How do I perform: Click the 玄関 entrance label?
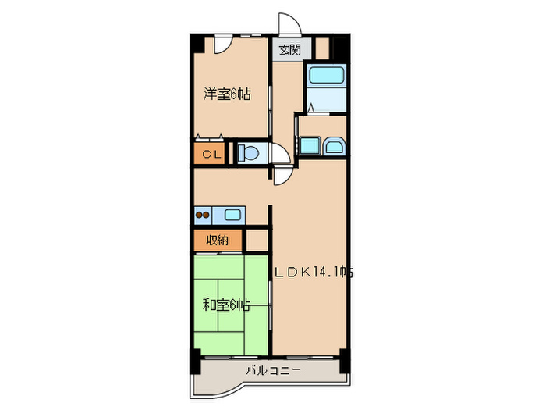(x=289, y=50)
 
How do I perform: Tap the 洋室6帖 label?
(x=227, y=95)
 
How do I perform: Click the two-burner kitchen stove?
(x=204, y=215)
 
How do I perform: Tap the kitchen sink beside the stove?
(x=233, y=215)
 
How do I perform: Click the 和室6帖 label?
(x=227, y=305)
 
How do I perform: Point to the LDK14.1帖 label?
(x=314, y=273)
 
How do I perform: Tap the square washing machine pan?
(x=309, y=145)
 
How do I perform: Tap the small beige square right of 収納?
(x=257, y=241)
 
